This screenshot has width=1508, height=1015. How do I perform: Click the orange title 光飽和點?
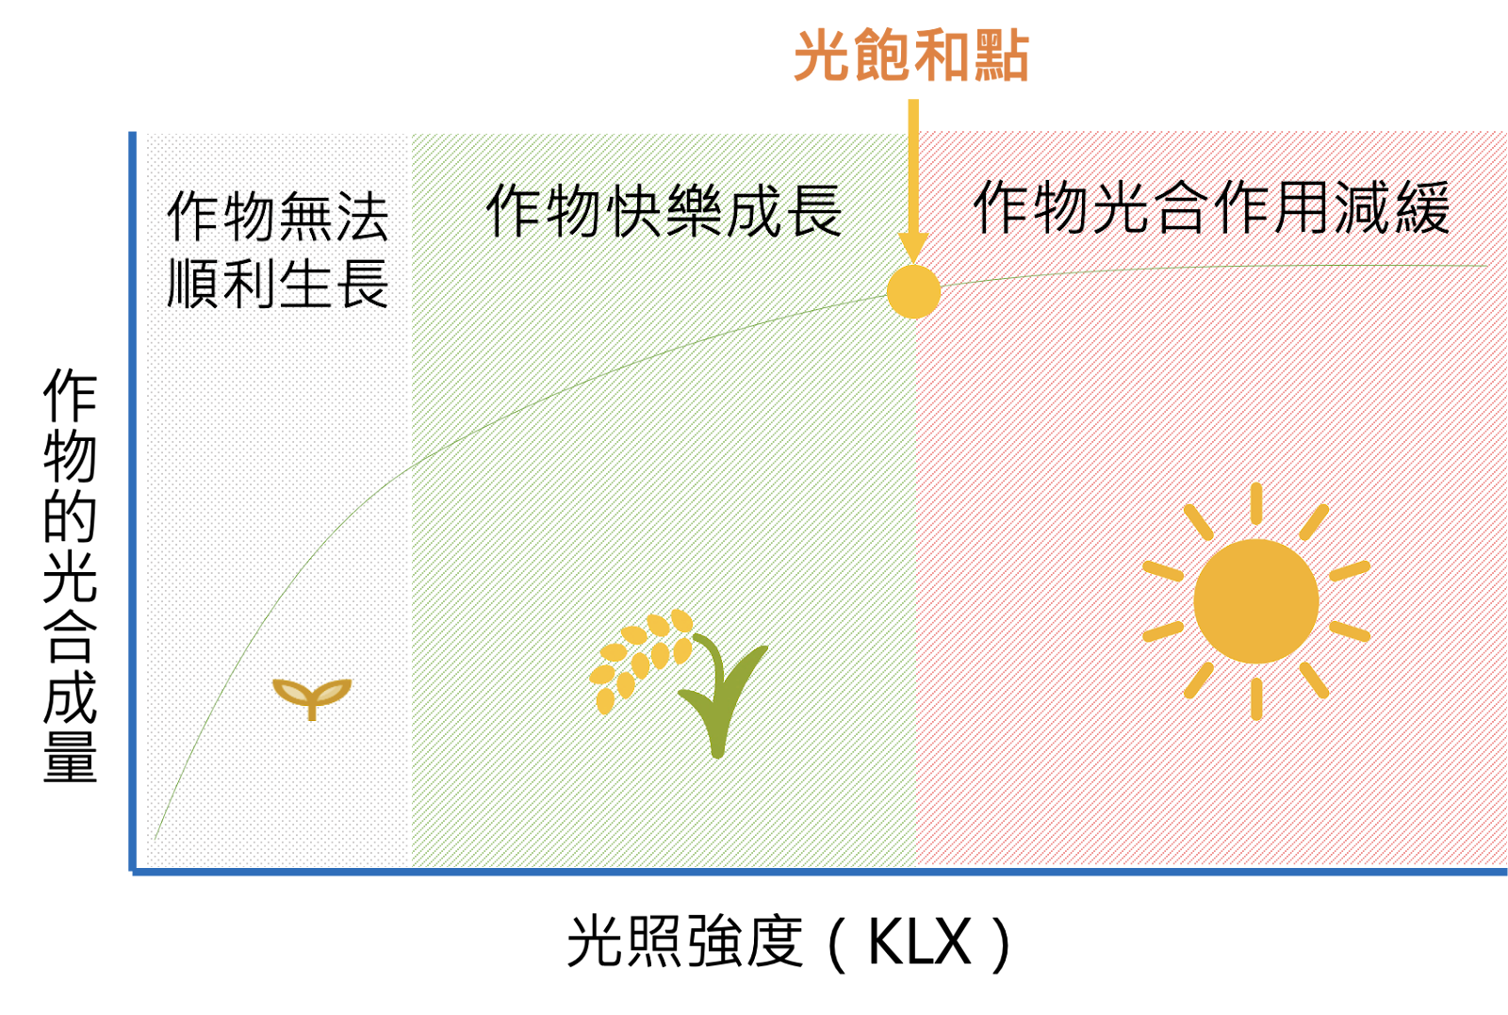pos(911,56)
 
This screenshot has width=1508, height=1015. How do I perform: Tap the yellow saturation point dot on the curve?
pos(913,291)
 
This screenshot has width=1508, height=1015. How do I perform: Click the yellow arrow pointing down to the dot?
pos(913,182)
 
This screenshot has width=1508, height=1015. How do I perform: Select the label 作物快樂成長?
pos(664,211)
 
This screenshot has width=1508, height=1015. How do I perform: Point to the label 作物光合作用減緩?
pos(1212,206)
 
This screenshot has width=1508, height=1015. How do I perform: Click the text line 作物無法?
pos(278,216)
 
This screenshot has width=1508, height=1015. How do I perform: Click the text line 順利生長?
pos(278,284)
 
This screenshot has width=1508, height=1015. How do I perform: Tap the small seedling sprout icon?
pos(312,698)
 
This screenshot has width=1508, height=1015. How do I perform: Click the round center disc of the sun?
pos(1256,601)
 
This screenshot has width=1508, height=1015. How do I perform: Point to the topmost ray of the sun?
pos(1256,503)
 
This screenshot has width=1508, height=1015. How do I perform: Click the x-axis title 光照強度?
pos(686,941)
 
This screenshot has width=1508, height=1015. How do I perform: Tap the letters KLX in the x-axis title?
pos(920,942)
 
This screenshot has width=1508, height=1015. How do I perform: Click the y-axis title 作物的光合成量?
pos(70,575)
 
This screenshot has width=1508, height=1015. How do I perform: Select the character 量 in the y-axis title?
pos(70,757)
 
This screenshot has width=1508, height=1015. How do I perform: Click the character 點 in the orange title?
pos(1001,56)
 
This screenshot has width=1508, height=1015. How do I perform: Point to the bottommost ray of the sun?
pos(1256,699)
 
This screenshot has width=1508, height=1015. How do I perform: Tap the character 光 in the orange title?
pos(823,56)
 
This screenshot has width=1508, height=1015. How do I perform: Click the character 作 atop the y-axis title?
pos(70,395)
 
